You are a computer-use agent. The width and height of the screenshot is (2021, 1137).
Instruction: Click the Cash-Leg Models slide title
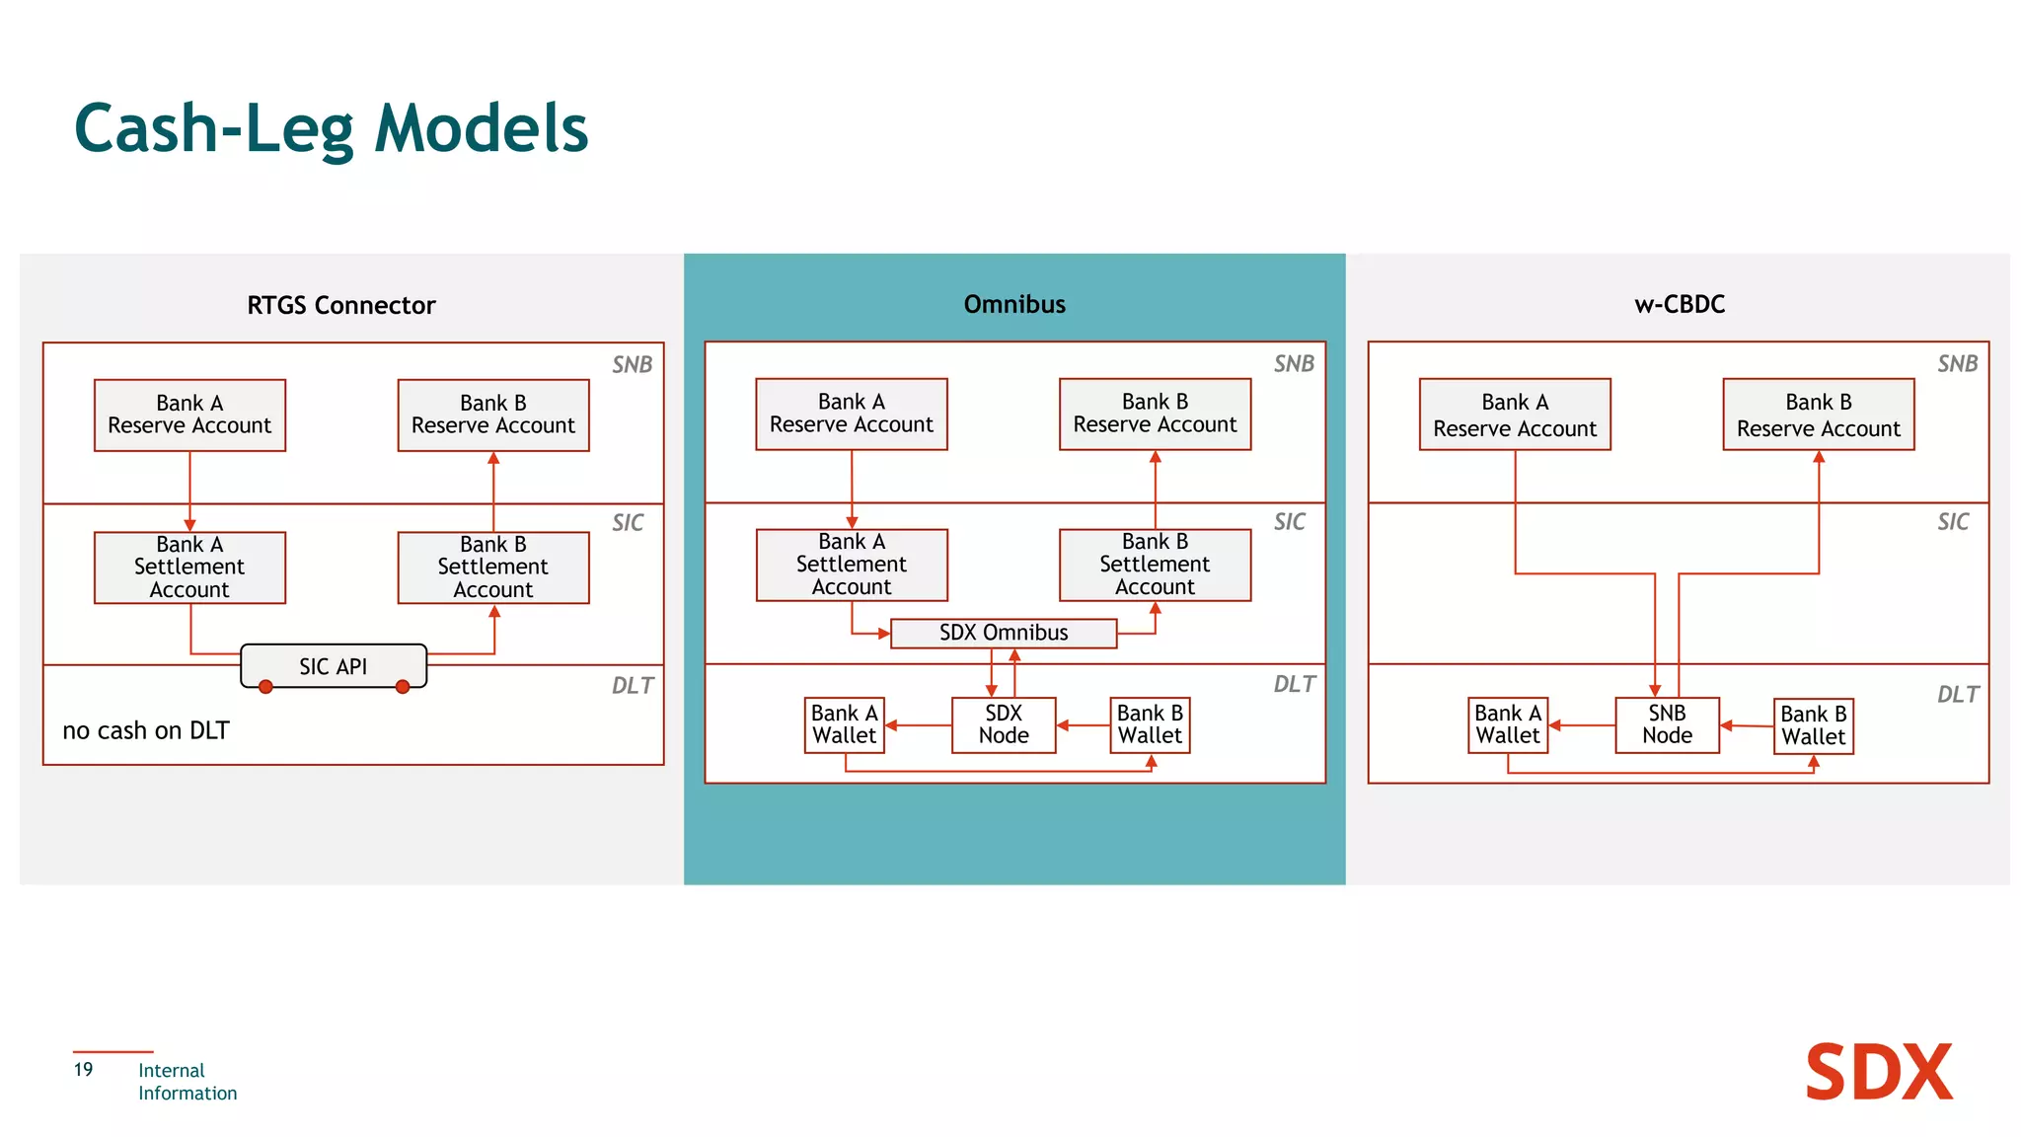pos(331,128)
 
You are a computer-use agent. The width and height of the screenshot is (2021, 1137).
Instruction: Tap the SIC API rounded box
pos(334,666)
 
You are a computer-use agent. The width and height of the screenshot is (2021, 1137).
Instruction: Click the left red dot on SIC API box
pos(265,687)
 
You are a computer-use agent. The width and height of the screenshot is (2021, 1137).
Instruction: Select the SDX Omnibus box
pos(1003,633)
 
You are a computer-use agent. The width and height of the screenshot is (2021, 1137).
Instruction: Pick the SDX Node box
pos(1003,724)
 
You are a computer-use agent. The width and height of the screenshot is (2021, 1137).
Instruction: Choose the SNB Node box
pos(1667,724)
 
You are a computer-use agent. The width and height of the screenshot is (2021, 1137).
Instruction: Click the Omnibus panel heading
pos(1014,304)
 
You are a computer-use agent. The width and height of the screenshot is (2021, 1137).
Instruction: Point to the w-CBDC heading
pos(1680,304)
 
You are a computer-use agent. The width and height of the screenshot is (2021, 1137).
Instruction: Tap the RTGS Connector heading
pos(340,305)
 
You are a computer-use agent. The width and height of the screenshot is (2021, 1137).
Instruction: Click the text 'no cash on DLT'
pos(146,730)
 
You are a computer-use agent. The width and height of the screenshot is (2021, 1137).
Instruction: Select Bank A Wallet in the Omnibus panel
pos(844,724)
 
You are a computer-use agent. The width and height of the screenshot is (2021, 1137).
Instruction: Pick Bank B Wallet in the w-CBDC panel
pos(1813,725)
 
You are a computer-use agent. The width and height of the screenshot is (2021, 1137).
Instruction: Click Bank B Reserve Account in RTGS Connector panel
pos(492,415)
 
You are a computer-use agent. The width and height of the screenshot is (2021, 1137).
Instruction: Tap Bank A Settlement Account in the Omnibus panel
pos(851,565)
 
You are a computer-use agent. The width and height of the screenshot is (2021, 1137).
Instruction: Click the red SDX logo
pos(1878,1073)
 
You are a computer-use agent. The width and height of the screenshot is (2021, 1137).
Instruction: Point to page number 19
pos(83,1069)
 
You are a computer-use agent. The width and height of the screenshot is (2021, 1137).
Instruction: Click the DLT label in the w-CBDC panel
pos(1957,695)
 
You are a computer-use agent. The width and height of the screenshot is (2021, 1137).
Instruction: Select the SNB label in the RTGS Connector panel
pos(632,365)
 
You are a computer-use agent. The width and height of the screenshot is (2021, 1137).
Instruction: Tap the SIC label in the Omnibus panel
pos(1289,522)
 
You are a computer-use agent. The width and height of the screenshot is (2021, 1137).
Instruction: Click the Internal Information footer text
pos(187,1082)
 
